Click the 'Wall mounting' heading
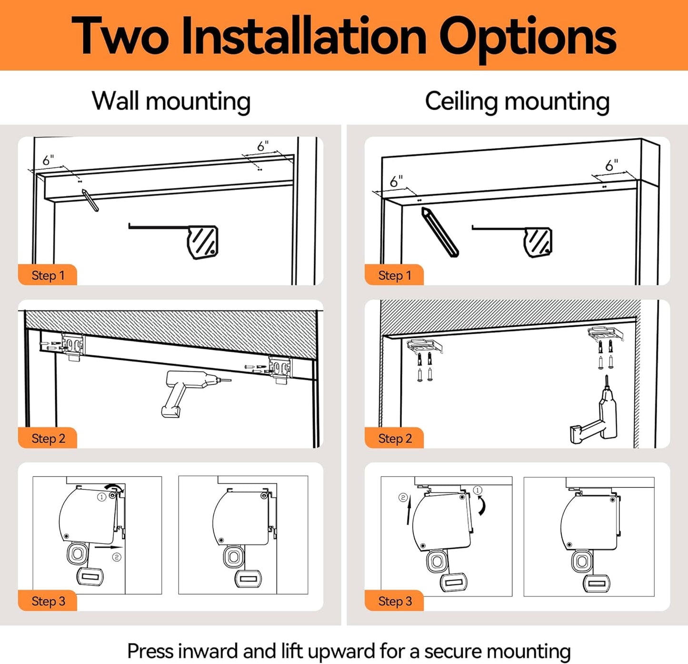[171, 101]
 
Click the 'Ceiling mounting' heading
[517, 101]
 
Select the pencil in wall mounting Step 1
[90, 200]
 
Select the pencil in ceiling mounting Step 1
[439, 232]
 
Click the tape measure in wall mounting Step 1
[202, 242]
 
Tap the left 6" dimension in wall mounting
[48, 160]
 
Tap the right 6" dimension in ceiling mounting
[611, 165]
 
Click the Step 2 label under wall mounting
[48, 438]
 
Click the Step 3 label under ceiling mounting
[394, 601]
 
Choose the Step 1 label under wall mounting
[48, 275]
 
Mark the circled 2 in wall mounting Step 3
[117, 557]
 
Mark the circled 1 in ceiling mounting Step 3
[478, 490]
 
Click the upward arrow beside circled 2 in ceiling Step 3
[408, 515]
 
